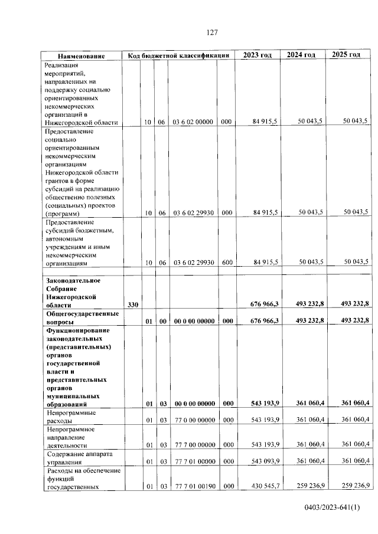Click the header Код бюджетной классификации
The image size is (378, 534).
pos(178,55)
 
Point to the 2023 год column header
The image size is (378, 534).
pos(257,55)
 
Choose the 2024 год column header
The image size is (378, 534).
pos(301,55)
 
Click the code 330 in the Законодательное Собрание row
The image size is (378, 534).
pos(132,304)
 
